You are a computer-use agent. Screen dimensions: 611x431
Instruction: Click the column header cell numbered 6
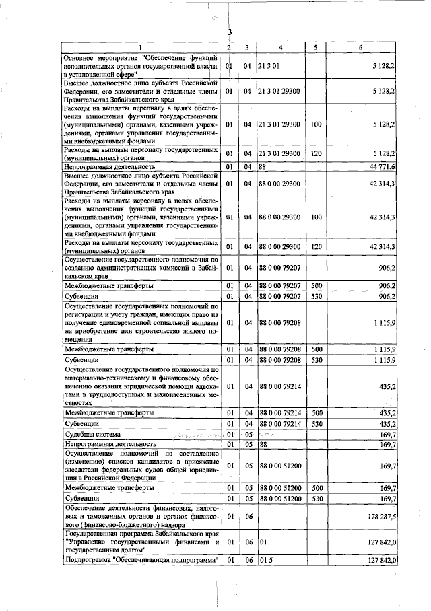tap(361, 47)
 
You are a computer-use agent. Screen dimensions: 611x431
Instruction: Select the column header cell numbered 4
tap(279, 47)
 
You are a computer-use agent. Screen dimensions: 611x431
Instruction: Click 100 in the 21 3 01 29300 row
tap(314, 124)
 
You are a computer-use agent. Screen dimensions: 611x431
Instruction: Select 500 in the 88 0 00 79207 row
tap(314, 286)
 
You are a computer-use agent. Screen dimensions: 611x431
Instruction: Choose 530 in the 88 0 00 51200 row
tap(314, 498)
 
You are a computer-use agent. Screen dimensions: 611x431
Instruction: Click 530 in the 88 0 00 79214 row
tap(314, 424)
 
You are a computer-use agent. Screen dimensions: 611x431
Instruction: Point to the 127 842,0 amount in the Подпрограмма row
tap(382, 560)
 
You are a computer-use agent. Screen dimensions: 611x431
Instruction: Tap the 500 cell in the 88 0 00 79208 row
tap(314, 349)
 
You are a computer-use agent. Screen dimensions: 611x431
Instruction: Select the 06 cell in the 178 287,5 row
tap(247, 516)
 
